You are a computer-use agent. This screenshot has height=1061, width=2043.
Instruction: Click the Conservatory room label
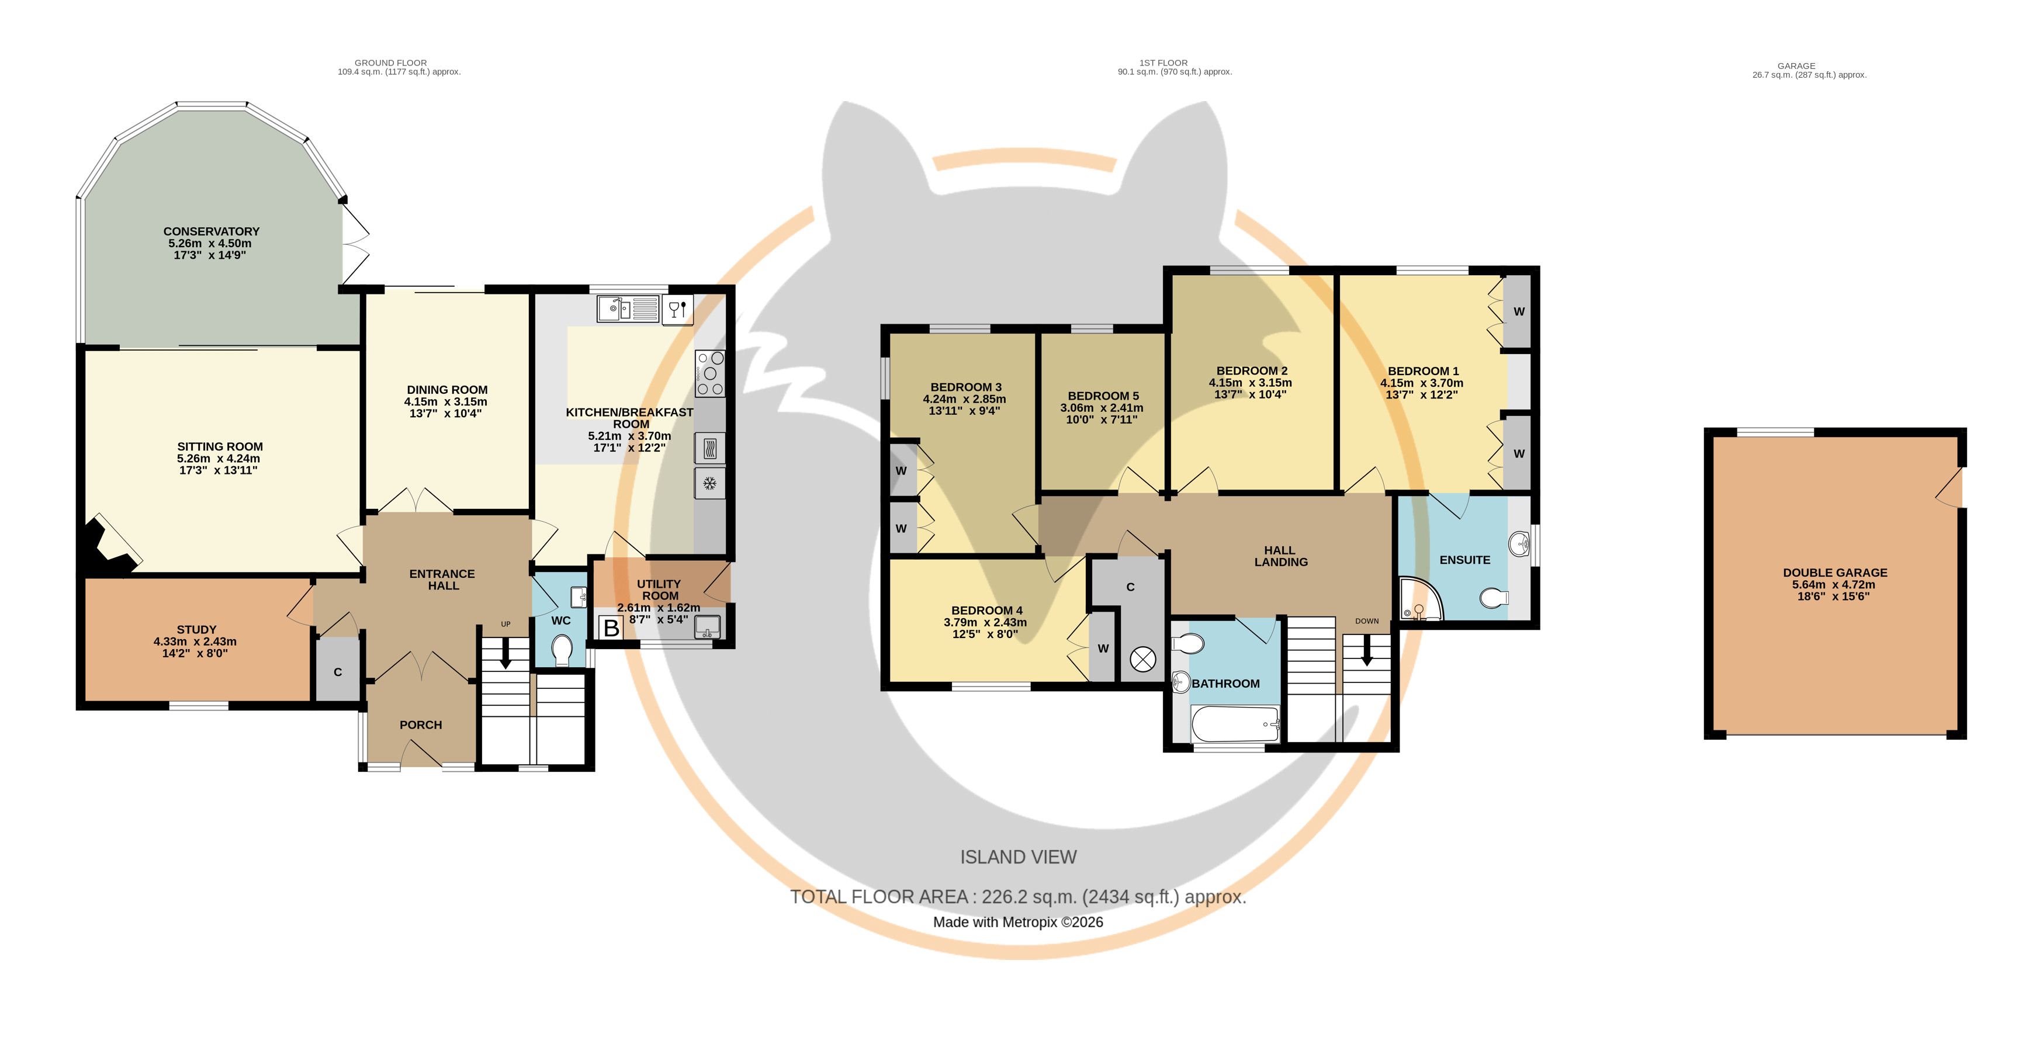212,231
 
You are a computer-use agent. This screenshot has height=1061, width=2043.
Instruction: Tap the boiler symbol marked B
611,628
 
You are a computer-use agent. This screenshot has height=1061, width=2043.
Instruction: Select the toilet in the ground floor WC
562,650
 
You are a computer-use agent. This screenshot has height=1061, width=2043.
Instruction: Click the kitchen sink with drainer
628,308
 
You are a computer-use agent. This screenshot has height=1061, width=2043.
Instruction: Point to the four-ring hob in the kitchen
710,373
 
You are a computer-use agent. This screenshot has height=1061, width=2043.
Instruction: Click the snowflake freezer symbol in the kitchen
710,483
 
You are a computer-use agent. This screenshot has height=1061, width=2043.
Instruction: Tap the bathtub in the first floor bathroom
1235,724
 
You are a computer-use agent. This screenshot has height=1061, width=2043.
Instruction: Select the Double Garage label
1835,573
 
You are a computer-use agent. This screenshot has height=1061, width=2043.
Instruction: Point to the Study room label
197,630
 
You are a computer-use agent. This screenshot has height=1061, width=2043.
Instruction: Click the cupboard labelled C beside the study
338,671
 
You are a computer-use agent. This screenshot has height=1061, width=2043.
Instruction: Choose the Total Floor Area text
1019,897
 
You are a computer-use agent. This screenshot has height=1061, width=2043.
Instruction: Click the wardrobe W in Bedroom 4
1102,647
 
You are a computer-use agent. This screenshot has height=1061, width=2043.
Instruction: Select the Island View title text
1019,857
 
